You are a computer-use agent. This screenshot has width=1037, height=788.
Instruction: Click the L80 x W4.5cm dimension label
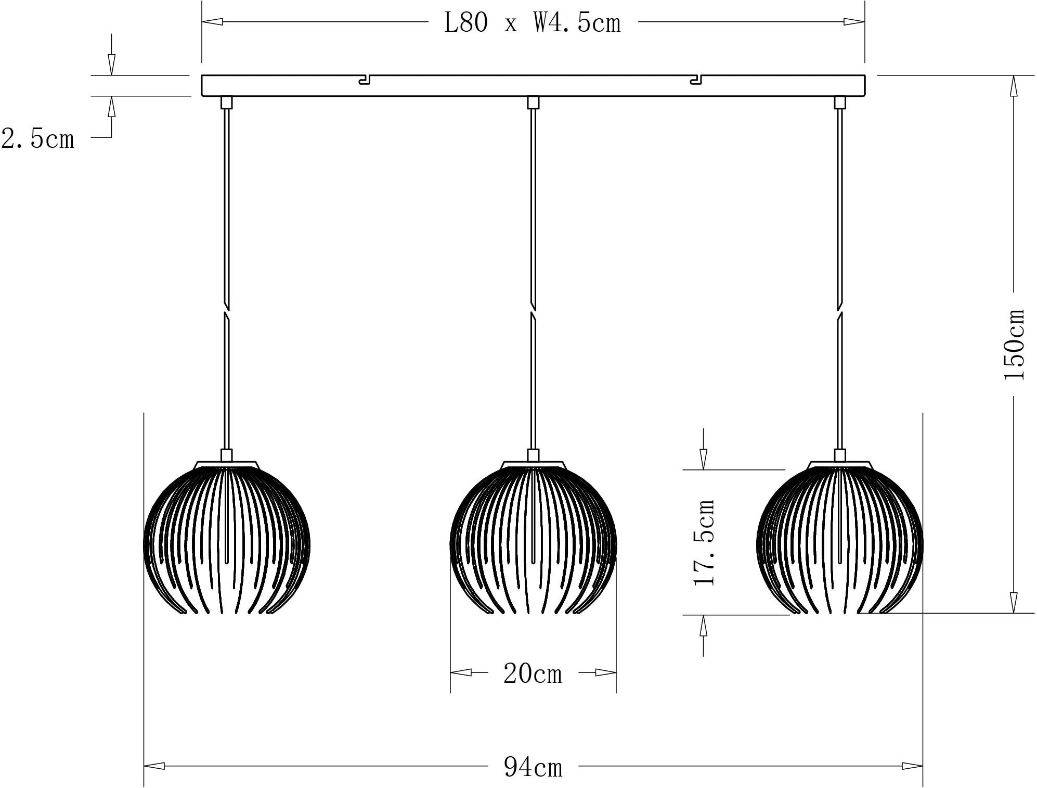pos(533,23)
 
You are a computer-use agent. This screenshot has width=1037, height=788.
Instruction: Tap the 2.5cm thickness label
pos(37,139)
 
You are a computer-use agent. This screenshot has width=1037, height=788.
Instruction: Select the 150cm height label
pos(1014,344)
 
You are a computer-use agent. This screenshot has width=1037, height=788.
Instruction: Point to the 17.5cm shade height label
pos(705,542)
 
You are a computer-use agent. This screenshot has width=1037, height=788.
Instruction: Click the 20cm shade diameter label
pos(533,674)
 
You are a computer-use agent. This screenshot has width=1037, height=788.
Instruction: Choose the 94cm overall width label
pos(533,767)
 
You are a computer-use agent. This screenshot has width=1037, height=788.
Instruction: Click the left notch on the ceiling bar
pos(365,80)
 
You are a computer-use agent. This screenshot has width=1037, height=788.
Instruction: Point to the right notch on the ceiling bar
pos(696,80)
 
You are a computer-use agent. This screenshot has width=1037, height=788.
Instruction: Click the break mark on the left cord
pos(227,311)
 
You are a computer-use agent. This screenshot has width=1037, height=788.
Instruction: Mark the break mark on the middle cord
pos(533,311)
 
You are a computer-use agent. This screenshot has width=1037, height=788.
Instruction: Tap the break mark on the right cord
pos(839,311)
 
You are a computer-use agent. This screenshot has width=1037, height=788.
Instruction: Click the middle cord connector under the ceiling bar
pos(533,103)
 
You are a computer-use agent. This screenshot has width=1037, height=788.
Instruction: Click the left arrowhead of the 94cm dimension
pos(154,766)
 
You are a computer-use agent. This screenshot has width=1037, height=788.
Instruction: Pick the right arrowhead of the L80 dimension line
pos(854,22)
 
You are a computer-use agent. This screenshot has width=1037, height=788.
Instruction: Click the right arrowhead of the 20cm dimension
pos(606,672)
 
